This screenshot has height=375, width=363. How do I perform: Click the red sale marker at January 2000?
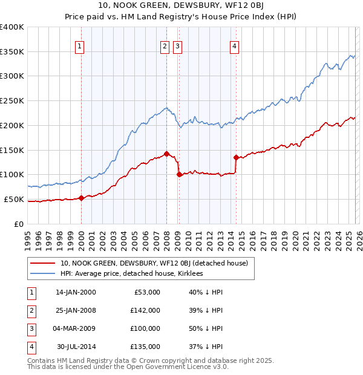coord(81,198)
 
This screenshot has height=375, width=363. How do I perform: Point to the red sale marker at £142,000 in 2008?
coord(166,154)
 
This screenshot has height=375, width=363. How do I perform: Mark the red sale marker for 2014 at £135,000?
coord(236,157)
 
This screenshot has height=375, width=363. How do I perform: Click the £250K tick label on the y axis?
coord(12,100)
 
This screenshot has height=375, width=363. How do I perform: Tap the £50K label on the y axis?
coord(14,199)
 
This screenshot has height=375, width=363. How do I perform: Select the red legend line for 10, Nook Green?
coord(43,263)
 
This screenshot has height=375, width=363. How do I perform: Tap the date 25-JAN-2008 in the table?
coord(76,310)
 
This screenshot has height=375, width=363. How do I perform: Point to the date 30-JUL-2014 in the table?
coord(76,347)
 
